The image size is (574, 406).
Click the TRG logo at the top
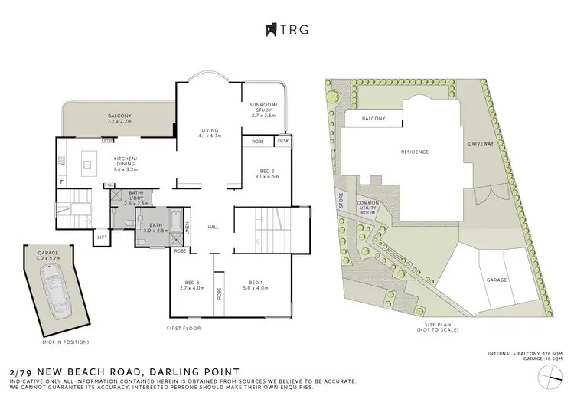(287, 31)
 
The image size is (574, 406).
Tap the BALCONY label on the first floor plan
(120, 117)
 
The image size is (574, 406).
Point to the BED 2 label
(267, 172)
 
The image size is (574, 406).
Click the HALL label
(213, 227)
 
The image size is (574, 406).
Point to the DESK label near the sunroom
(283, 142)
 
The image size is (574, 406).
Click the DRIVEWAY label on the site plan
(479, 145)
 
